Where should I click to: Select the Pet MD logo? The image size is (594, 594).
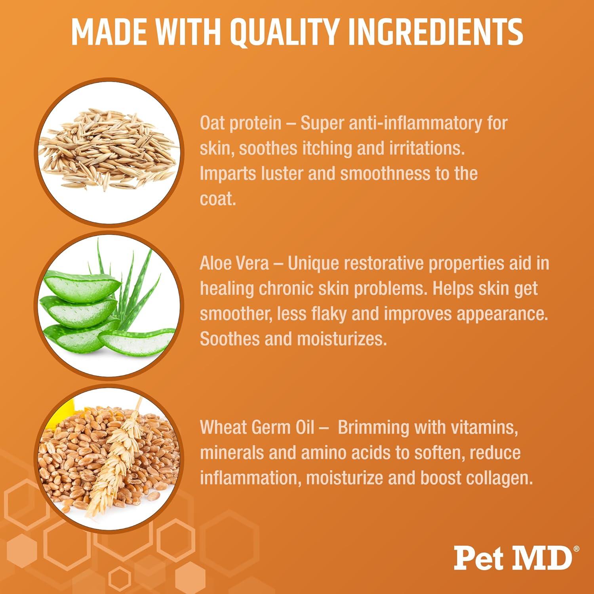point(513,558)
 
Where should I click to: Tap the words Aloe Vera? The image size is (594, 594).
point(234,263)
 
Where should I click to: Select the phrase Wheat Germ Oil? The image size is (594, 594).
point(257,428)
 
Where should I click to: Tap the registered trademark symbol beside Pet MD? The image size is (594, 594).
point(576,548)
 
